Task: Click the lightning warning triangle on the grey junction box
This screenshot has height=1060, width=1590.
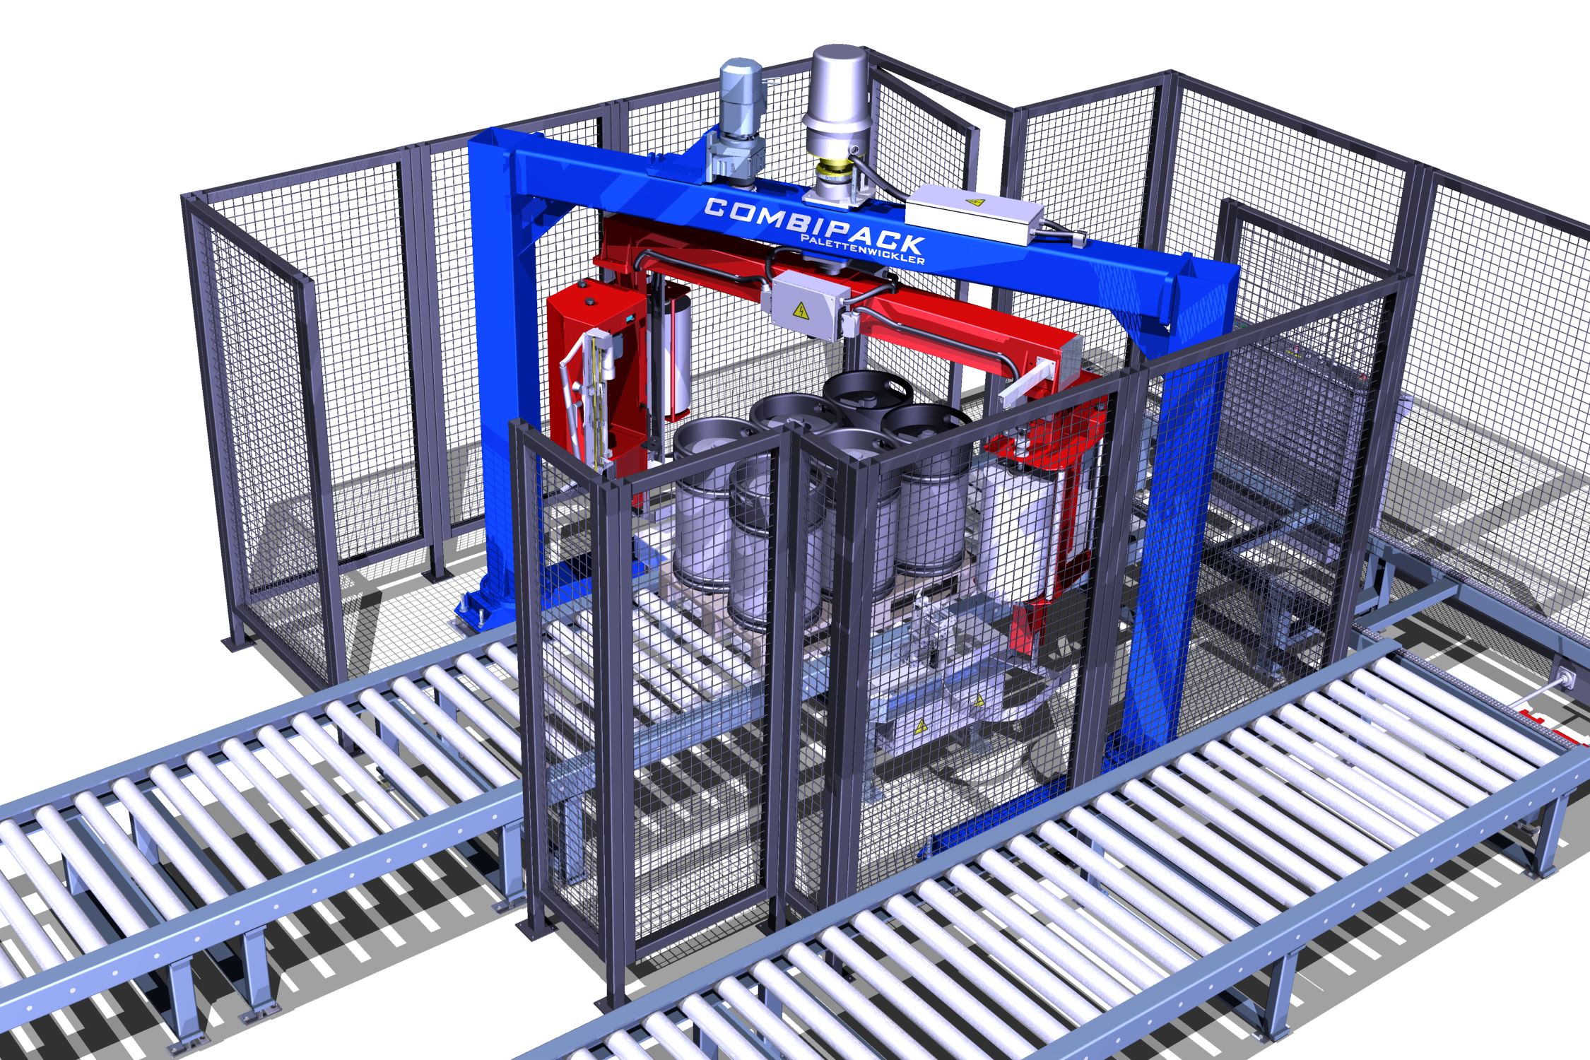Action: click(x=803, y=311)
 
